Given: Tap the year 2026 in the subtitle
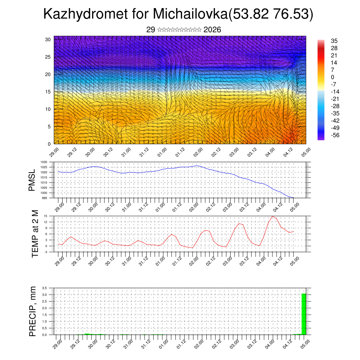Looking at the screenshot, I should pyautogui.click(x=212, y=30).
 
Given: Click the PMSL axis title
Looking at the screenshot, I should pyautogui.click(x=32, y=180).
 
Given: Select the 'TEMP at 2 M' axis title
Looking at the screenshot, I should pyautogui.click(x=35, y=233).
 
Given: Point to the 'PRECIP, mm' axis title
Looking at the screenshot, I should pyautogui.click(x=33, y=311).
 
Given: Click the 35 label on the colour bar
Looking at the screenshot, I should pyautogui.click(x=334, y=41).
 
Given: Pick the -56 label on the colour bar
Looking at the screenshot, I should pyautogui.click(x=335, y=135).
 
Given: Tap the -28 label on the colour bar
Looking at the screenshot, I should pyautogui.click(x=335, y=106).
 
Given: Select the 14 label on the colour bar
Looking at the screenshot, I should pyautogui.click(x=334, y=63).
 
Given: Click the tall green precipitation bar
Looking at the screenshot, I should pyautogui.click(x=304, y=314).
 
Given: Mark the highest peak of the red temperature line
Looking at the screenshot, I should pyautogui.click(x=272, y=216).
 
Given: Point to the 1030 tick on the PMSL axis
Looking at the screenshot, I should pyautogui.click(x=44, y=162).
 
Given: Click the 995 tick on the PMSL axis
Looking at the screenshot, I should pyautogui.click(x=45, y=198).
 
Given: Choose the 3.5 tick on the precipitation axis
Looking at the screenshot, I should pyautogui.click(x=45, y=288).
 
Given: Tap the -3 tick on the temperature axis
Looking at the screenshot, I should pyautogui.click(x=46, y=252).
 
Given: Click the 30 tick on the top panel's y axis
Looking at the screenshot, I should pyautogui.click(x=48, y=39).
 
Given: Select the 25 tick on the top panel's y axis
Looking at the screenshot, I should pyautogui.click(x=48, y=57).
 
